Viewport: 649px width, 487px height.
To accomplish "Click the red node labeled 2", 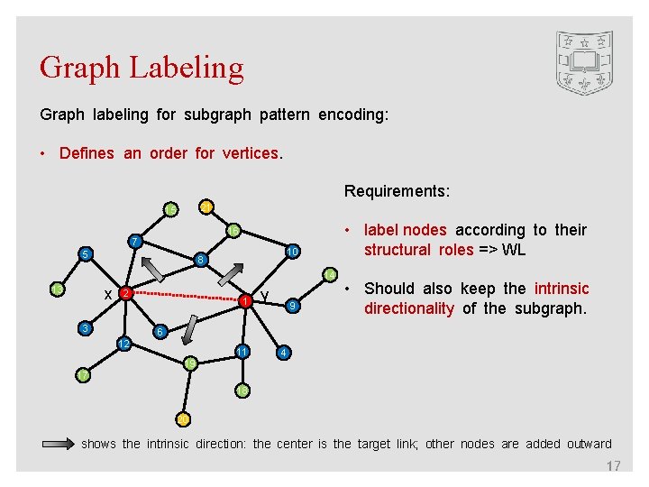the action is coord(127,294).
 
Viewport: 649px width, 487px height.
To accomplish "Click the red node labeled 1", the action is coord(243,301).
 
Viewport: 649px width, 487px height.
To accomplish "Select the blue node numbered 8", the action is coord(202,261).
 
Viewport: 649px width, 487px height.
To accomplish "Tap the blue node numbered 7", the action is coord(134,242).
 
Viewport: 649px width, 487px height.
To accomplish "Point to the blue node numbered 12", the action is coord(125,345).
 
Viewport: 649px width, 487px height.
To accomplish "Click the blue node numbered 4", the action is coord(283,352).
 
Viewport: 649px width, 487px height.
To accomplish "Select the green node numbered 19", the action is coord(190,363).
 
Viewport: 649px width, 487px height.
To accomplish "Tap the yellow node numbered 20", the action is coord(183,418).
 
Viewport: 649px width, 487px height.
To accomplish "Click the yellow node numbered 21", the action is coord(206,207).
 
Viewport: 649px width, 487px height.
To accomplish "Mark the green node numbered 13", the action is coord(170,209).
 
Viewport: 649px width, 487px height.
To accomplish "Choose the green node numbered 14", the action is coord(233,231).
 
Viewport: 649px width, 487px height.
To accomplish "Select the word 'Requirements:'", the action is coord(398,191).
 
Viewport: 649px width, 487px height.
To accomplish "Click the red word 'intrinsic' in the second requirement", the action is coord(562,289).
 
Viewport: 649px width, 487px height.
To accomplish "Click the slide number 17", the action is coord(613,466).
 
